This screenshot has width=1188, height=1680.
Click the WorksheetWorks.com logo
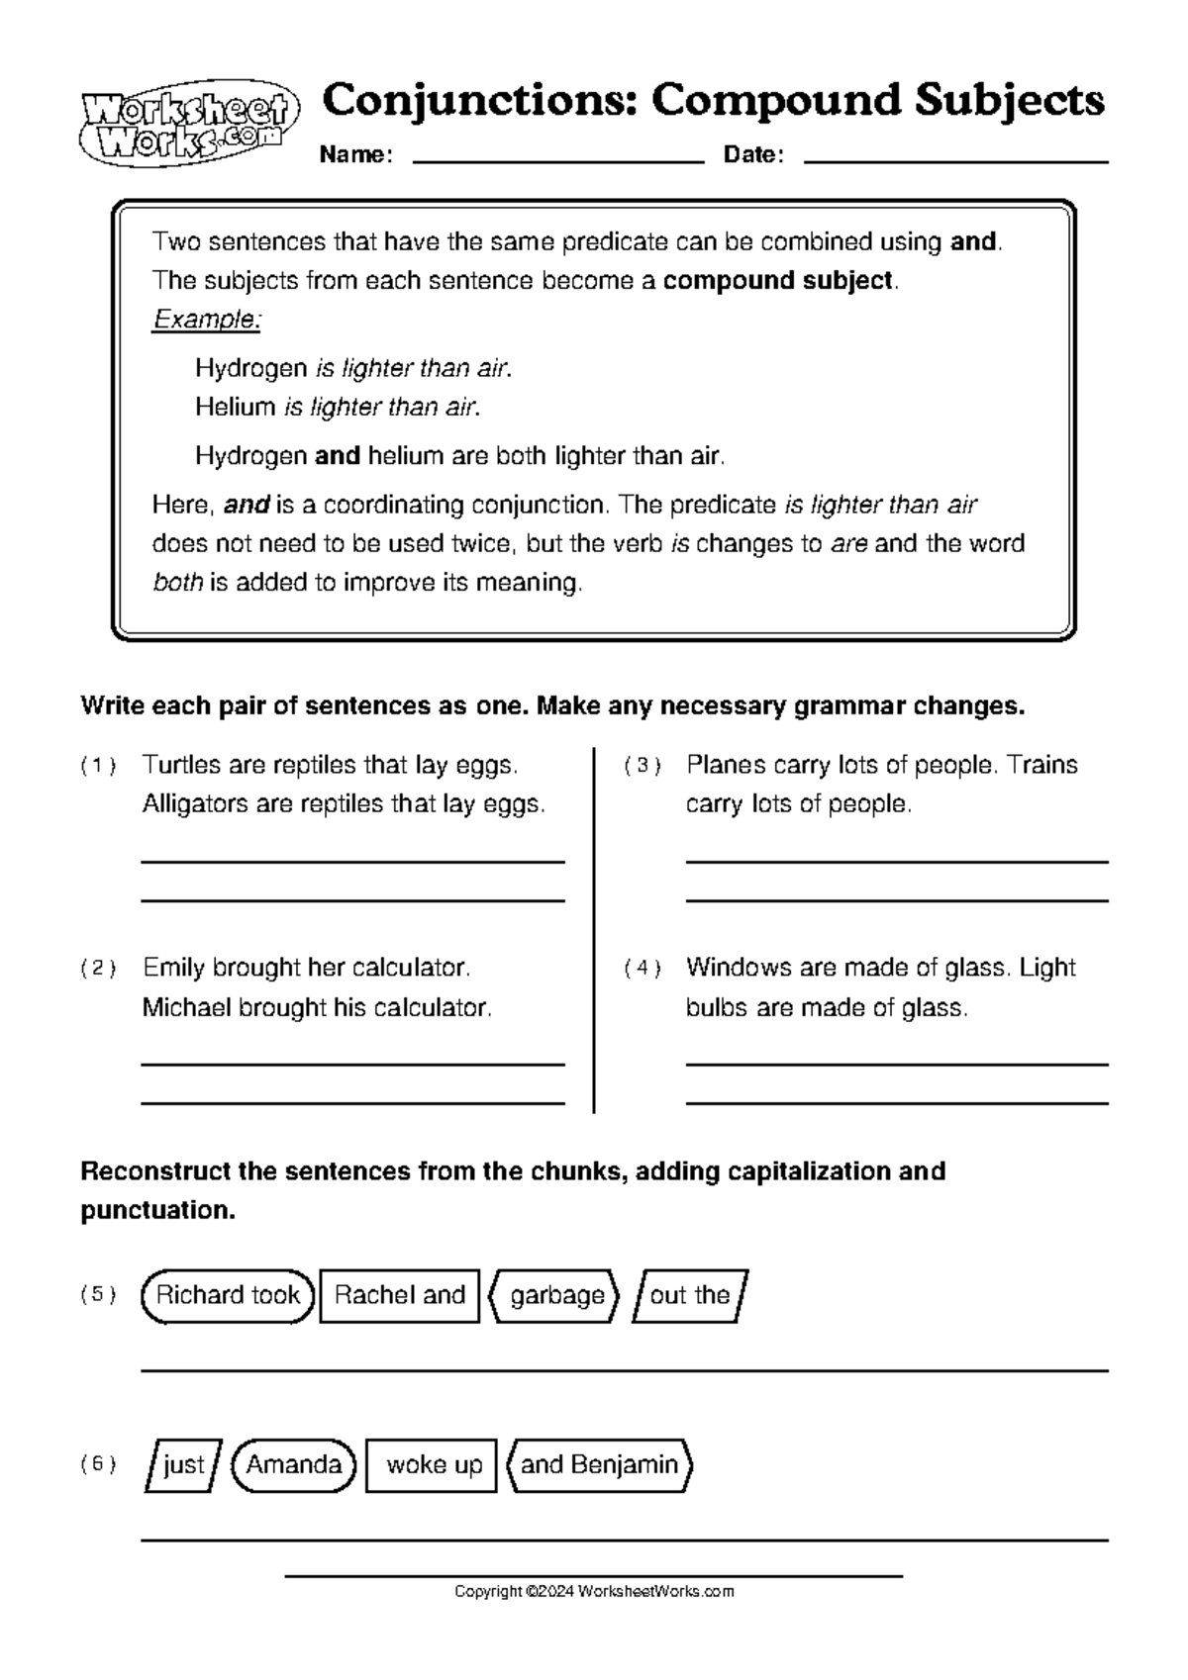(x=187, y=124)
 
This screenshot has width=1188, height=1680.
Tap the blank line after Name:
(x=556, y=158)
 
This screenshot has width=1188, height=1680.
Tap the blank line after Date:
(x=955, y=158)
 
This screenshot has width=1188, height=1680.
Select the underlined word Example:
(x=207, y=320)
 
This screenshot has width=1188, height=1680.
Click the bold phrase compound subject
(x=778, y=281)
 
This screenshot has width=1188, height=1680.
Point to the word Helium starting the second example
(x=236, y=407)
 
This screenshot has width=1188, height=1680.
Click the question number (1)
(x=99, y=766)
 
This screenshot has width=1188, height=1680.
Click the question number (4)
(x=643, y=969)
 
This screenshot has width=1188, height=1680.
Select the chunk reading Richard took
(x=228, y=1296)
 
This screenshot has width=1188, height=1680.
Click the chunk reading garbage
(x=556, y=1296)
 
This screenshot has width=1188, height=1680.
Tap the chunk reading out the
(x=690, y=1296)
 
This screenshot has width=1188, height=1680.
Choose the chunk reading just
(x=184, y=1465)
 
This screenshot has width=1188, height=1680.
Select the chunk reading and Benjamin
(x=599, y=1465)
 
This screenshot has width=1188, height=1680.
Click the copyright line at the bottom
(x=594, y=1592)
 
